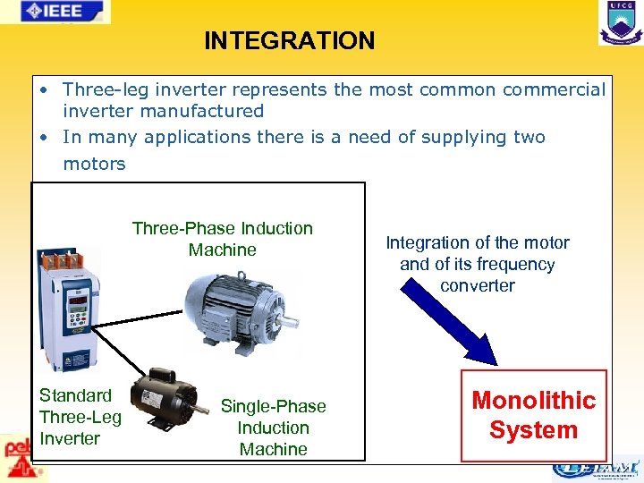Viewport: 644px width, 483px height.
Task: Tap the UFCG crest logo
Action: point(620,22)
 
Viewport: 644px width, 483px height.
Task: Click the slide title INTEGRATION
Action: point(289,41)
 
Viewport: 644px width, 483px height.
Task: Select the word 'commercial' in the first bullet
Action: point(554,89)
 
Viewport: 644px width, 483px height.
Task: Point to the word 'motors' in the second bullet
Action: point(94,164)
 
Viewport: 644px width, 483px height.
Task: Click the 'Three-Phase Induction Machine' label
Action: point(223,239)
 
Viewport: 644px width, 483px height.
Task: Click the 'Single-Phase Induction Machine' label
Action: point(273,428)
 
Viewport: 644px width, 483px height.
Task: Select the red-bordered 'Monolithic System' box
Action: point(533,415)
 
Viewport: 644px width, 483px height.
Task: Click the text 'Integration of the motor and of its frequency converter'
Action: point(477,264)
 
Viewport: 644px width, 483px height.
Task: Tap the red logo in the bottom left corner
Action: point(15,456)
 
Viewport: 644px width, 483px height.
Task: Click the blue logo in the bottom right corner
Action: point(595,468)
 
